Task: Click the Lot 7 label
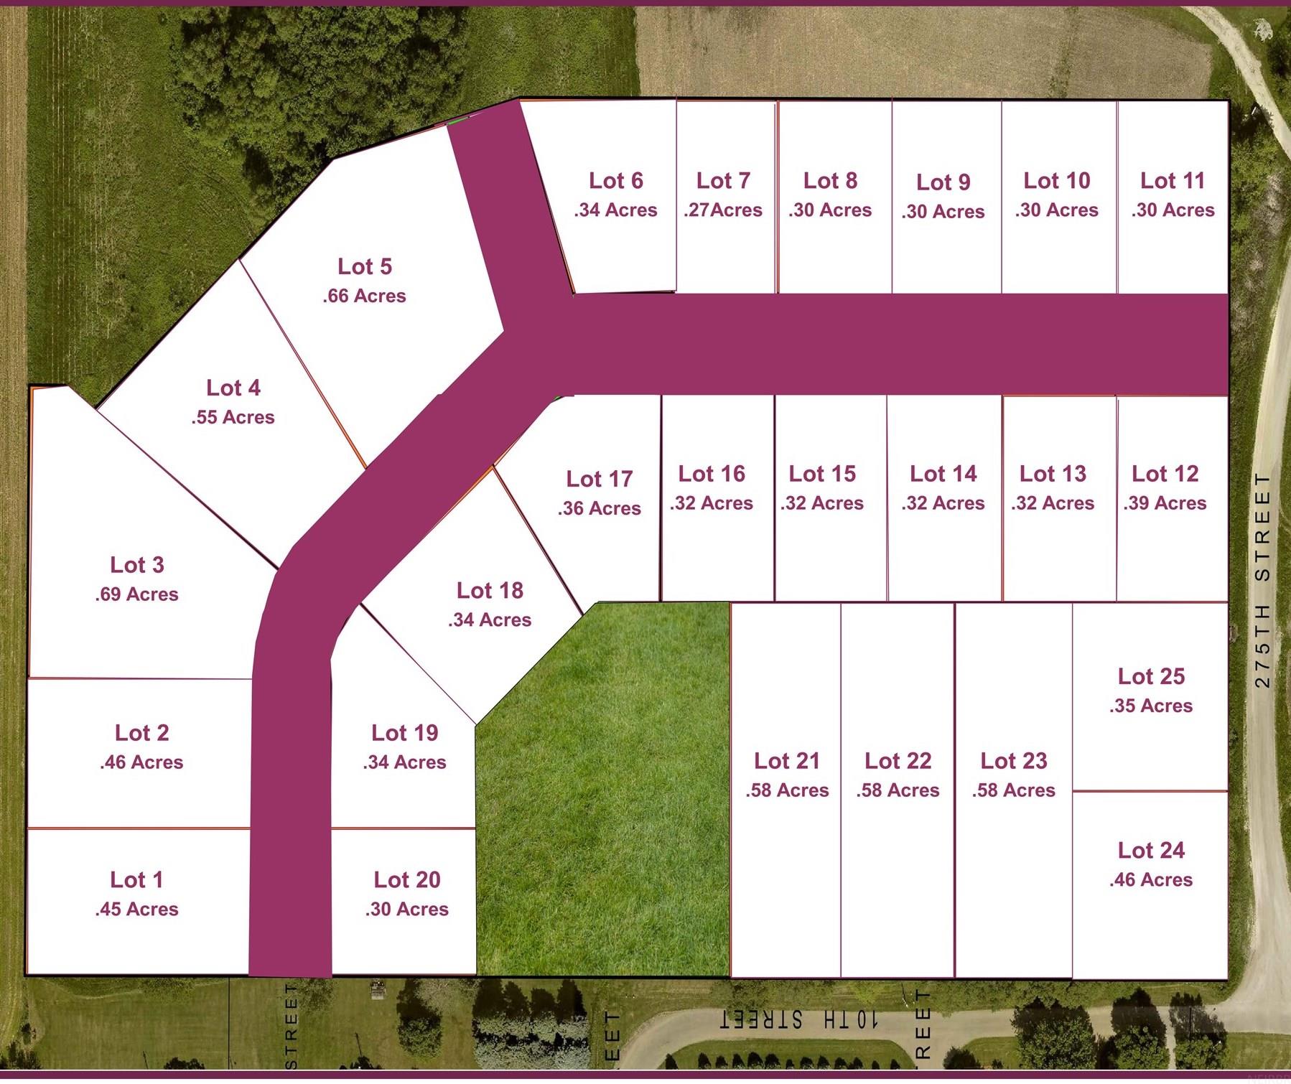[x=723, y=181]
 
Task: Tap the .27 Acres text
[x=723, y=210]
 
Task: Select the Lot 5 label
[x=365, y=266]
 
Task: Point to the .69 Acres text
[x=136, y=594]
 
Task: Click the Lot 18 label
[x=490, y=590]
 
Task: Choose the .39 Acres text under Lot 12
[x=1165, y=503]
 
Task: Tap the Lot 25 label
[x=1151, y=676]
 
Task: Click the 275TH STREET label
[x=1262, y=579]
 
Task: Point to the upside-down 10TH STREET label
[x=798, y=1020]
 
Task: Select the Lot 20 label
[x=407, y=879]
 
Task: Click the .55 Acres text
[x=233, y=417]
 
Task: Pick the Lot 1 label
[x=136, y=879]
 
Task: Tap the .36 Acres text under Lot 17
[x=599, y=508]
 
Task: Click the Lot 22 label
[x=898, y=760]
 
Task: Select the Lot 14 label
[x=943, y=474]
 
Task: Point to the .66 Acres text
[x=364, y=296]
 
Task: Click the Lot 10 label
[x=1056, y=181]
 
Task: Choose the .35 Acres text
[x=1150, y=706]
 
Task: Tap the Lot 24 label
[x=1151, y=850]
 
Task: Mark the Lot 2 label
[x=141, y=732]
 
